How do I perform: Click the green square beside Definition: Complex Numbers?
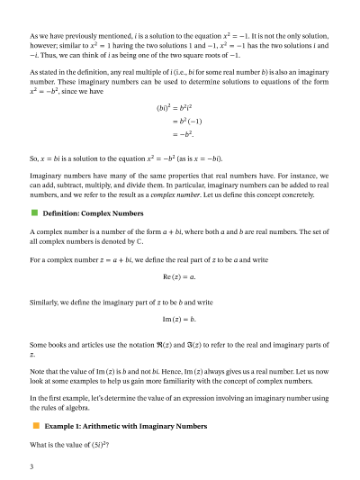coord(34,213)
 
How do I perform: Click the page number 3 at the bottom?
coord(31,466)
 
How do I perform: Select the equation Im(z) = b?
coord(179,320)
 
